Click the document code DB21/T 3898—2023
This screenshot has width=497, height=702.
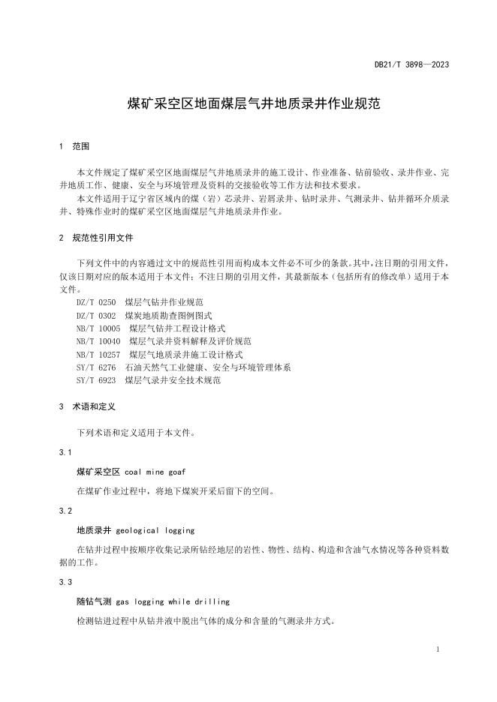point(411,65)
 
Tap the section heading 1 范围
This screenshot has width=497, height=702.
point(74,146)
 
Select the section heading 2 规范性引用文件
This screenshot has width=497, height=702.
point(95,237)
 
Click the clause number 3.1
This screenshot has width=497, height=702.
point(65,452)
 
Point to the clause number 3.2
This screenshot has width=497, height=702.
point(65,510)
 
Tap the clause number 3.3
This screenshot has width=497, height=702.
point(65,582)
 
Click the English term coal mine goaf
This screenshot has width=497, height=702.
point(155,472)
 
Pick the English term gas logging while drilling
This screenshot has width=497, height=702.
point(173,601)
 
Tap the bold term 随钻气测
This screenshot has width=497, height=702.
point(94,601)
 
